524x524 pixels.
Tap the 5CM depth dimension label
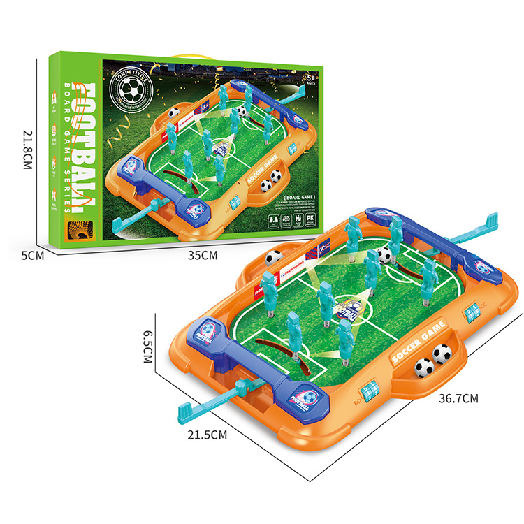click(33, 256)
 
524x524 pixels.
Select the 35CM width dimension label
click(203, 255)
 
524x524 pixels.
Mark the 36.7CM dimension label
click(458, 399)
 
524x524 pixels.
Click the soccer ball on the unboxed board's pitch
click(384, 255)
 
